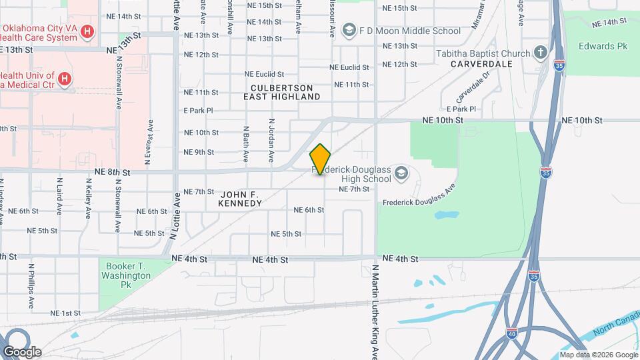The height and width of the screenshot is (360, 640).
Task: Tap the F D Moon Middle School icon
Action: pos(348,30)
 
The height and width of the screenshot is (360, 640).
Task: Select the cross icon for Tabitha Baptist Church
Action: pos(541,53)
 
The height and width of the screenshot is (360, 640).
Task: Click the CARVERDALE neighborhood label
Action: pos(481,64)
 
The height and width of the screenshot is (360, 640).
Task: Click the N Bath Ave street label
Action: pos(246,144)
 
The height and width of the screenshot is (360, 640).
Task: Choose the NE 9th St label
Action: pos(199,152)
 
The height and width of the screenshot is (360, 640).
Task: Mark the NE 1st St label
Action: pos(65,313)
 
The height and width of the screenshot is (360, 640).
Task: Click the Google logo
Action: pos(22,352)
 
